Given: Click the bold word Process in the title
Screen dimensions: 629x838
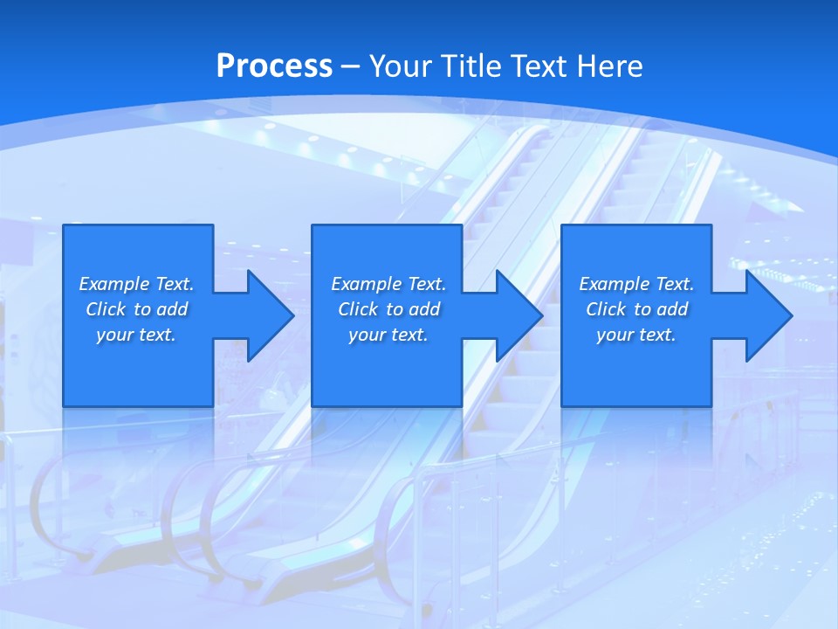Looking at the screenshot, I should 274,66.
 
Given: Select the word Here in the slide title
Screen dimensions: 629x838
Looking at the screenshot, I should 610,66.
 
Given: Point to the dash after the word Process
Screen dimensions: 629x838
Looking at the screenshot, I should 350,66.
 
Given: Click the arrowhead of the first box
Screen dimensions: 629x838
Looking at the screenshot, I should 271,315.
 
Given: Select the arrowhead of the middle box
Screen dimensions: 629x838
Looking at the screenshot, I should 519,315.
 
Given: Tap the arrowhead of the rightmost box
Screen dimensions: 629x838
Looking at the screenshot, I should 769,315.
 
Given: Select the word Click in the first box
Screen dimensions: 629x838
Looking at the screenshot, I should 106,309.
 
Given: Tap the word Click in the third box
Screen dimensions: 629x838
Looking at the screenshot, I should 606,309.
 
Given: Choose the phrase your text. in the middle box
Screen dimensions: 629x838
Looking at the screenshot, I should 388,335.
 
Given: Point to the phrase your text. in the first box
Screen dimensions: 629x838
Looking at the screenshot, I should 136,335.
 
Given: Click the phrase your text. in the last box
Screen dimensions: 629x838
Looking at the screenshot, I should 635,335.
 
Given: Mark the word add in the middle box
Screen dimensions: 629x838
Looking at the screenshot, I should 424,309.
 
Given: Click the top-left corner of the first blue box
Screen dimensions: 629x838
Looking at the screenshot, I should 64,225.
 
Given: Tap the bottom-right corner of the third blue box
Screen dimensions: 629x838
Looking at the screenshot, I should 711,405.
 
